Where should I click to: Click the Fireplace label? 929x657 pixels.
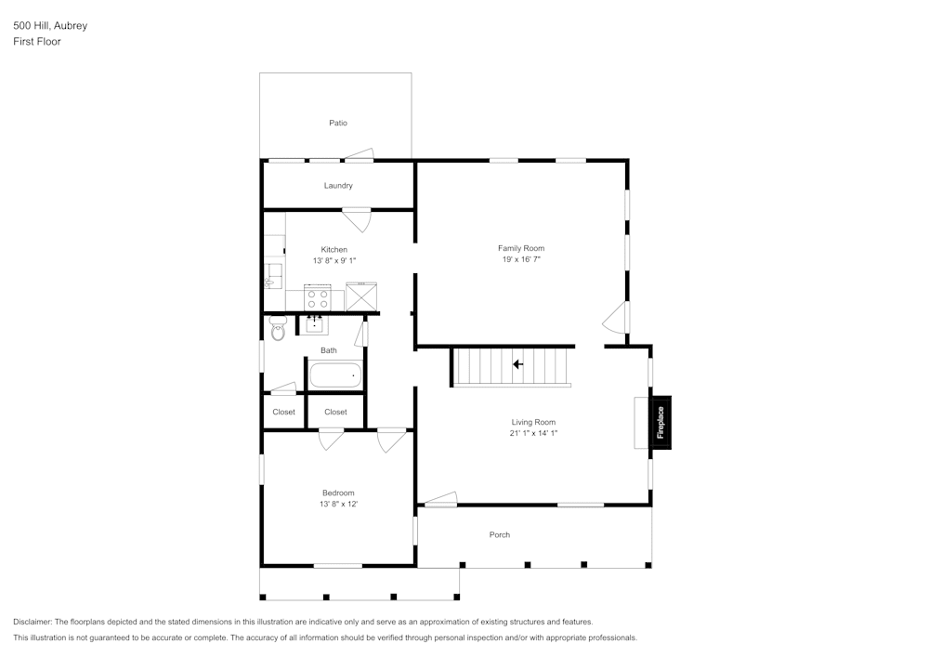tap(661, 423)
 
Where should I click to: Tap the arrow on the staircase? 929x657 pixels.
tap(517, 364)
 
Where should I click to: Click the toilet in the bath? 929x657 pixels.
tap(276, 328)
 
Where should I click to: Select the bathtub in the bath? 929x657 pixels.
tap(334, 375)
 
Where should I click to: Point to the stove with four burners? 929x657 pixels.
tap(318, 298)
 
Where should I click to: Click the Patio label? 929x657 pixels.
tap(338, 123)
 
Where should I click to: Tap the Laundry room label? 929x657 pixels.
tap(338, 186)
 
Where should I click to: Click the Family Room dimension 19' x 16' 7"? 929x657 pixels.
tap(520, 260)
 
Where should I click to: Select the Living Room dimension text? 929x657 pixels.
tap(533, 433)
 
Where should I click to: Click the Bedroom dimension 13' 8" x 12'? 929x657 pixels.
tap(338, 504)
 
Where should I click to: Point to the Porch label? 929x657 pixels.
tap(500, 534)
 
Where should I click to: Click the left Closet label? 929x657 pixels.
tap(283, 412)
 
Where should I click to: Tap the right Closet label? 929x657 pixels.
tap(335, 412)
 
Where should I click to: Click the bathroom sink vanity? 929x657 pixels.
tap(315, 323)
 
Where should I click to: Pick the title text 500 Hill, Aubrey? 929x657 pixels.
tap(50, 26)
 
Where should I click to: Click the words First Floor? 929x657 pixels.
tap(37, 42)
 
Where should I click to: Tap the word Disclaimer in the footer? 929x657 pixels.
tap(33, 622)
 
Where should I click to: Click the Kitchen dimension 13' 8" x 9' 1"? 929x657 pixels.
tap(334, 261)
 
